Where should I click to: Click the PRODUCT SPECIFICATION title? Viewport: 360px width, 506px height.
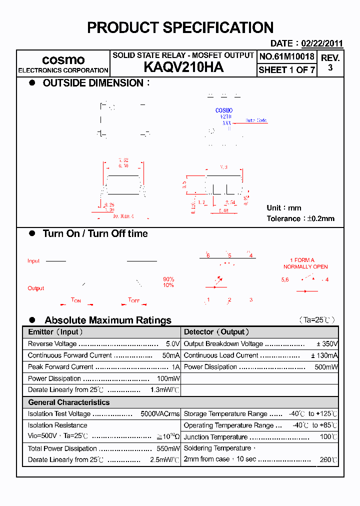180,27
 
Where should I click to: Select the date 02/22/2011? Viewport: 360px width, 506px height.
322,43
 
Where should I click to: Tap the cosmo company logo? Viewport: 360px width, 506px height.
63,60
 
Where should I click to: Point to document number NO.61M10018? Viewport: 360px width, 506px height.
286,56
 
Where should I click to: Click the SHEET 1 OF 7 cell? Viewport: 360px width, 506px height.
286,70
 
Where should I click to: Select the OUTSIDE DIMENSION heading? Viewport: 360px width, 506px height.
93,83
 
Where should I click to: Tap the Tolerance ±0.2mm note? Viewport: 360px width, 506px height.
300,218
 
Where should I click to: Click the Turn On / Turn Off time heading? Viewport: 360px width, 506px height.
95,233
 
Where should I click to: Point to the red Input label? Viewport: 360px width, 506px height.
33,261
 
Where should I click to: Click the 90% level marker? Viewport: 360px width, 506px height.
168,279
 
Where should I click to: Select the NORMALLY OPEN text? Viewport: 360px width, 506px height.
305,267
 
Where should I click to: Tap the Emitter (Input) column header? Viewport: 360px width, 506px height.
55,332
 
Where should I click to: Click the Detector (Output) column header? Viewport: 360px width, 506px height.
216,332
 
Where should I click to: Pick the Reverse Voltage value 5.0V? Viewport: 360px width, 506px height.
172,344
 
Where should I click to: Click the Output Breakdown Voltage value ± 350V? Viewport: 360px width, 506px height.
327,344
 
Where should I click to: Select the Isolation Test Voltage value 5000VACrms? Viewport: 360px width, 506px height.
160,414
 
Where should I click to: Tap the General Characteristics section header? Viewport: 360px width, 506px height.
68,402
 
